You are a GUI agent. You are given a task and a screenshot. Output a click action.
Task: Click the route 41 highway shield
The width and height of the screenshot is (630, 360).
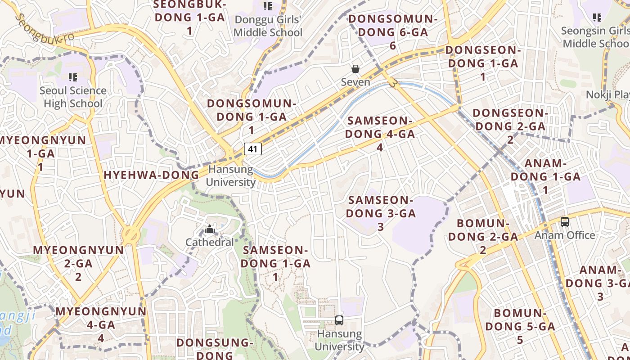point(253,148)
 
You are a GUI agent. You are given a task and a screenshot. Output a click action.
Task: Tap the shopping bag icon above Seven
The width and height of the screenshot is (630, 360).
point(355,69)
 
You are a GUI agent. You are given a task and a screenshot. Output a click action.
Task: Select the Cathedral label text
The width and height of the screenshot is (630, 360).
point(210,242)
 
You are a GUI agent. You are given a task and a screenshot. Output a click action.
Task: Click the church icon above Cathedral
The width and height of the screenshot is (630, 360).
point(210,229)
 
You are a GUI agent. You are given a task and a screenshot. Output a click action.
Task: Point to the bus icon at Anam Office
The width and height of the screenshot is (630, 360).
point(565,221)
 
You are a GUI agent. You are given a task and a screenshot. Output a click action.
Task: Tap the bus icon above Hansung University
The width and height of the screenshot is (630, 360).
point(339,320)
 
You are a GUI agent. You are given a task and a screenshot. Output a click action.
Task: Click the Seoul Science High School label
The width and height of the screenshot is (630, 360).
point(73,97)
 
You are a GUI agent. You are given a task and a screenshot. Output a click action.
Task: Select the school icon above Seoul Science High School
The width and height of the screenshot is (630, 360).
point(73,77)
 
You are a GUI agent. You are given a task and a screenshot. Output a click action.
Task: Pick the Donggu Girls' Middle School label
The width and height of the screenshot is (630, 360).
point(268,26)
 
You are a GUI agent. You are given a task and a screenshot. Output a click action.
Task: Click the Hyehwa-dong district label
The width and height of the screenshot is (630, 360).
point(151,175)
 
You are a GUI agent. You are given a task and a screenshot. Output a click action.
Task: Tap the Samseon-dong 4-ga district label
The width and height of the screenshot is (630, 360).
point(380,134)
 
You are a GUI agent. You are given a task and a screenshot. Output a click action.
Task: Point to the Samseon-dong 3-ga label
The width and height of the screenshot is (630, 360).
point(381,213)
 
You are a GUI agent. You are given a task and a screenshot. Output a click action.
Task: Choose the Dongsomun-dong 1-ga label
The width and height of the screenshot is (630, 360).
point(252,117)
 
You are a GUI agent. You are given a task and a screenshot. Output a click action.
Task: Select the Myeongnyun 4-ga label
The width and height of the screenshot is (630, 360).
point(101,324)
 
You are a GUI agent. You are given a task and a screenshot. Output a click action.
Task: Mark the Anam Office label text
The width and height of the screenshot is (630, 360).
point(564,235)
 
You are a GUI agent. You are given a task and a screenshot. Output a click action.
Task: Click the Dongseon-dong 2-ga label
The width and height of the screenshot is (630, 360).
point(509,126)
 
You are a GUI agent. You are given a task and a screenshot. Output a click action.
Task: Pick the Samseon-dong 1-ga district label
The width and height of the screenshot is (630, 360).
point(275,263)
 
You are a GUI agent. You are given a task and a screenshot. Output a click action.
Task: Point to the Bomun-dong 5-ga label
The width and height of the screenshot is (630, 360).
point(520,326)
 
